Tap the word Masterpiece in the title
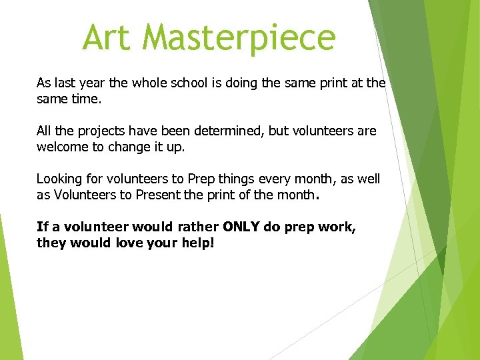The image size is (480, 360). pos(239,37)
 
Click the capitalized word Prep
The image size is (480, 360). pos(201,179)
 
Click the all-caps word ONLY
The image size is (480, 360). pos(241,227)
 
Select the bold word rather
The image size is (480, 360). pos(198,227)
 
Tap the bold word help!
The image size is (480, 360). pos(197,243)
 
